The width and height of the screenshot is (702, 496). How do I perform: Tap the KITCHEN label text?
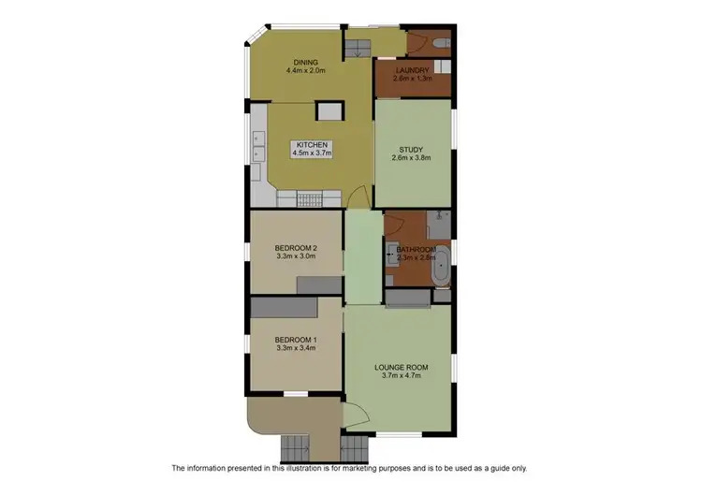point(312,144)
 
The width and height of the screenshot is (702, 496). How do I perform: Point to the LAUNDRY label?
point(411,71)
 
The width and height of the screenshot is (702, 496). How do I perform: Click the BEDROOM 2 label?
point(296,247)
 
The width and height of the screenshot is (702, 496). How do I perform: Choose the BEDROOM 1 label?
point(296,339)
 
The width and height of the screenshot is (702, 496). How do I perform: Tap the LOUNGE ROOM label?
point(402,366)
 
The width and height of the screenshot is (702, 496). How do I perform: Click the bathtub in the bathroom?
point(438,265)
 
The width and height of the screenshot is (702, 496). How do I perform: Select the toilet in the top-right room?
point(441,43)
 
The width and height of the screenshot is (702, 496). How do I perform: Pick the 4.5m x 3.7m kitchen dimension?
point(312,153)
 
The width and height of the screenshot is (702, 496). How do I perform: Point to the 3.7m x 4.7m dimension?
point(402,375)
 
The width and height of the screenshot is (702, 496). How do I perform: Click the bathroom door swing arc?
point(393,225)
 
